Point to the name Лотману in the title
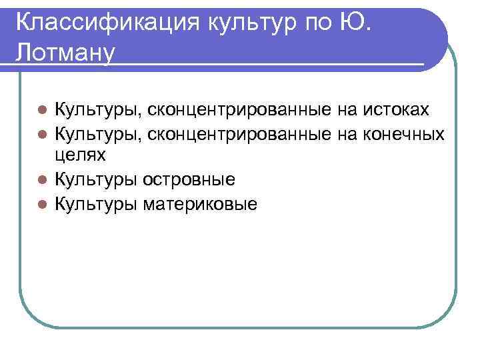coord(61,53)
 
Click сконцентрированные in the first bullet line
coord(238,109)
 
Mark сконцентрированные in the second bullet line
coord(238,133)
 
